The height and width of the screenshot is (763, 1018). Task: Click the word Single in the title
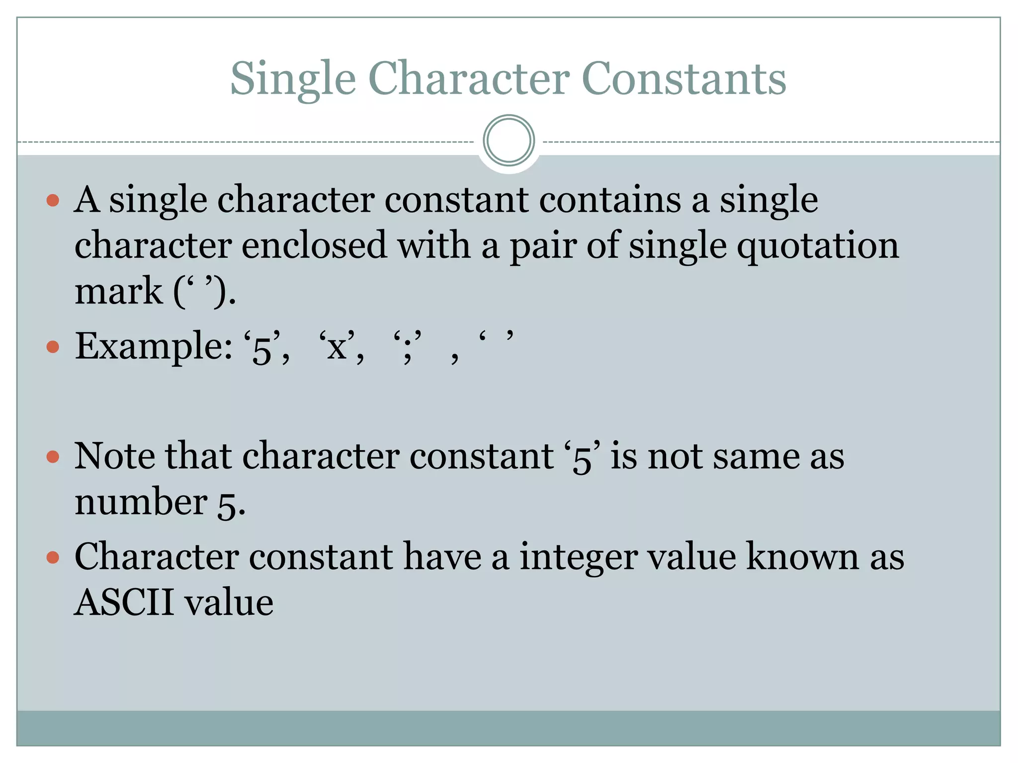click(x=293, y=79)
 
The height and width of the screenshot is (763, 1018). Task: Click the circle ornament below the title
click(x=509, y=141)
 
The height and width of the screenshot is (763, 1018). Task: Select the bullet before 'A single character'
click(x=53, y=201)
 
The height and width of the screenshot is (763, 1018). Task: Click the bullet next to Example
click(x=53, y=346)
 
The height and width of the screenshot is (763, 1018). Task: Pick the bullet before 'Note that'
click(x=53, y=457)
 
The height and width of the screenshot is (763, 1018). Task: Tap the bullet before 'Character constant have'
click(x=53, y=557)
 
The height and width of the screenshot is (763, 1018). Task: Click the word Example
click(x=153, y=346)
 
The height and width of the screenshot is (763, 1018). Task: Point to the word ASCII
click(x=123, y=602)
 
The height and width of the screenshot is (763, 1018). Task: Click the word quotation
click(x=818, y=246)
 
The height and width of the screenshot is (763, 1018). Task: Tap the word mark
click(x=118, y=291)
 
